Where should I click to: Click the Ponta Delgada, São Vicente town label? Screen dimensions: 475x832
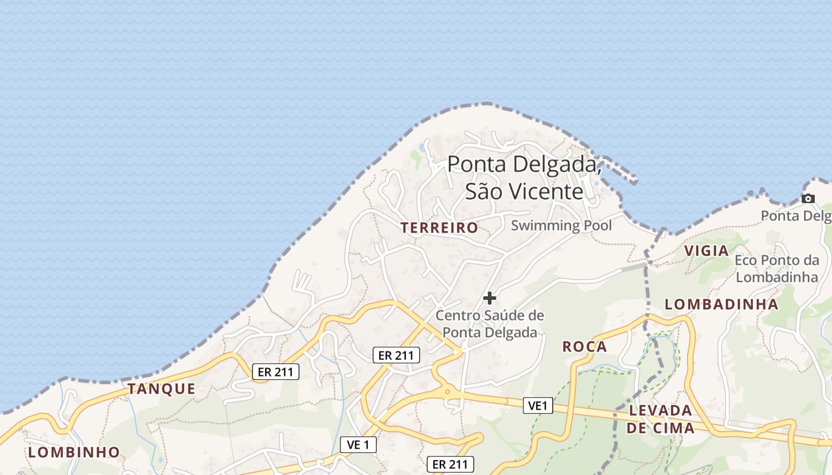pyautogui.click(x=524, y=178)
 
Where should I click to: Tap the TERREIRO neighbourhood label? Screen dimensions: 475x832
pyautogui.click(x=439, y=227)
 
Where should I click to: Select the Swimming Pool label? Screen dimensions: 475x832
pyautogui.click(x=561, y=226)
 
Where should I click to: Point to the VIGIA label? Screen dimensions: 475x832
pyautogui.click(x=707, y=251)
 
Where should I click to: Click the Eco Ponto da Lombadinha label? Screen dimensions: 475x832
pyautogui.click(x=777, y=268)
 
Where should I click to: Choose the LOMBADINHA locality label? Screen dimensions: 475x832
pyautogui.click(x=721, y=304)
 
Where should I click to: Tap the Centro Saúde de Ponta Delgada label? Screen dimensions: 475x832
pyautogui.click(x=490, y=324)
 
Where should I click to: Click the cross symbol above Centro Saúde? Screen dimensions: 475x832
pyautogui.click(x=490, y=297)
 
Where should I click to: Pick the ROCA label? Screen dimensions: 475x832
pyautogui.click(x=585, y=347)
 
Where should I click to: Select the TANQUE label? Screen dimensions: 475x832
pyautogui.click(x=161, y=389)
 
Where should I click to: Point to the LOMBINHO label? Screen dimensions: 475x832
pyautogui.click(x=74, y=452)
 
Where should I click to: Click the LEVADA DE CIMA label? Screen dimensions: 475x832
pyautogui.click(x=660, y=419)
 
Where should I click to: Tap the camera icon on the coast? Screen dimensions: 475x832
pyautogui.click(x=808, y=199)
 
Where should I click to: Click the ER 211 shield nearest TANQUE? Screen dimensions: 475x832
pyautogui.click(x=275, y=372)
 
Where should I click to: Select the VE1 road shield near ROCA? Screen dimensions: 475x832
pyautogui.click(x=538, y=406)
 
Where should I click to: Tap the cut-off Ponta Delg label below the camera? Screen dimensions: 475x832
pyautogui.click(x=796, y=216)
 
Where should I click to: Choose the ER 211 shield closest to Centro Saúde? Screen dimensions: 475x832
pyautogui.click(x=396, y=355)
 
